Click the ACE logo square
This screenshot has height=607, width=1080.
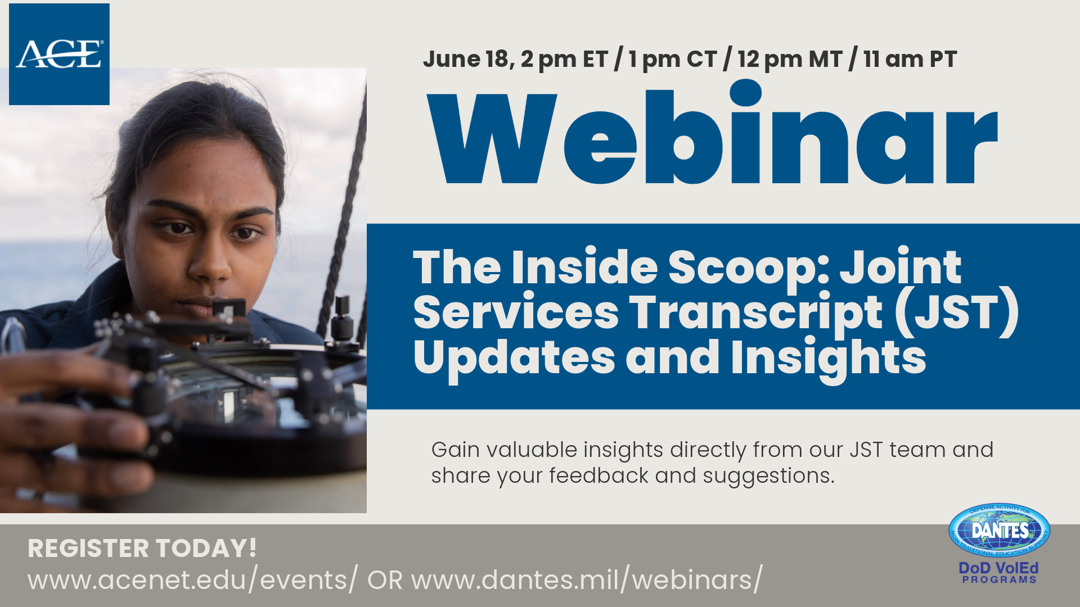[59, 54]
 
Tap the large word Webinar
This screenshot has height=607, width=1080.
[712, 138]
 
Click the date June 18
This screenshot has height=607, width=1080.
[467, 59]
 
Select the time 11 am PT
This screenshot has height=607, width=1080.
[910, 59]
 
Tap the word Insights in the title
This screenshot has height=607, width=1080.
[828, 358]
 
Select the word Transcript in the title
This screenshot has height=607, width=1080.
[755, 312]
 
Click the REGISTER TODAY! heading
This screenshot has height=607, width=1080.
[142, 548]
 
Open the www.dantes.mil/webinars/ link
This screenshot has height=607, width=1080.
[587, 580]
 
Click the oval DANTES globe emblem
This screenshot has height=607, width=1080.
[999, 530]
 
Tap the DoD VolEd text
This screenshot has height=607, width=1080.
[998, 568]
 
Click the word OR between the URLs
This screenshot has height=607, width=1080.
[385, 580]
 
